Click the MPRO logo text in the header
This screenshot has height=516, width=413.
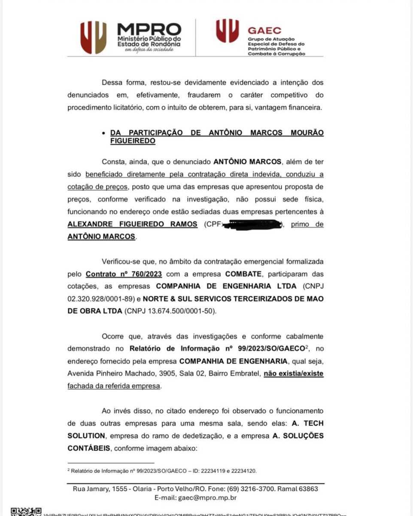tap(149, 30)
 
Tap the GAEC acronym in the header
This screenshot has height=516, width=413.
tap(264, 31)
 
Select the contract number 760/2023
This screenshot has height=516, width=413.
tap(124, 273)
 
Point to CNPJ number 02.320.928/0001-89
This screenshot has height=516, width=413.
tap(98, 298)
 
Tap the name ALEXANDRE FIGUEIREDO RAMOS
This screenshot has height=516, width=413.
tap(132, 224)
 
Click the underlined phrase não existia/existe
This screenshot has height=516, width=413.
tap(294, 373)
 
